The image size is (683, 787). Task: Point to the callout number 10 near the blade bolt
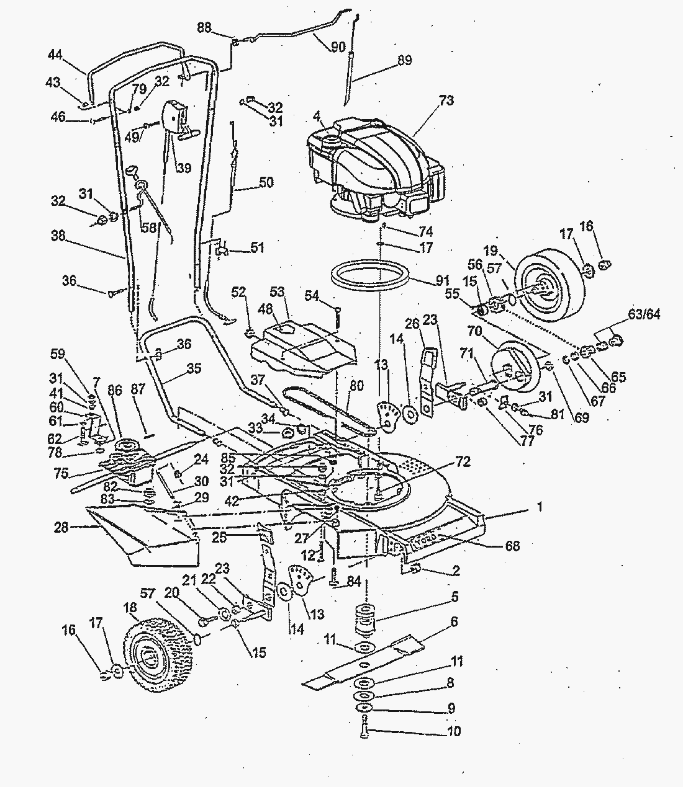coord(454,732)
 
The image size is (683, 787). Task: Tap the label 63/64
coord(644,315)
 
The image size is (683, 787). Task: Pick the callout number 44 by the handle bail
coord(55,55)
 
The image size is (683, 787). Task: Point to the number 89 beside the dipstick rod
coord(404,61)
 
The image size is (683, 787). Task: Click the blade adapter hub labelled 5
coord(366,616)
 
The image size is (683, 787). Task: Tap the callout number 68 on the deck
coord(512,546)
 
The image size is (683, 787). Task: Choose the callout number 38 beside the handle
coord(58,236)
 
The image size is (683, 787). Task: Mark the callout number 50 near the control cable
coord(266,183)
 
